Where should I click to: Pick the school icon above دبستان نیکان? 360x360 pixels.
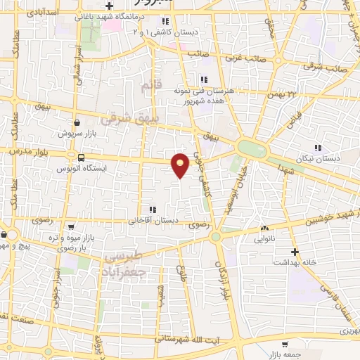318,148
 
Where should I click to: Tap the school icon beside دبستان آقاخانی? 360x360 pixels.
152,210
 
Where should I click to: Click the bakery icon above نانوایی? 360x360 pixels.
265,229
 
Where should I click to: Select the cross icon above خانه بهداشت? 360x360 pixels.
295,251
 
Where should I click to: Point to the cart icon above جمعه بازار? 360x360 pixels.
284,345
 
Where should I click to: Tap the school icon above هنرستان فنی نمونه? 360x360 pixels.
204,79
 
